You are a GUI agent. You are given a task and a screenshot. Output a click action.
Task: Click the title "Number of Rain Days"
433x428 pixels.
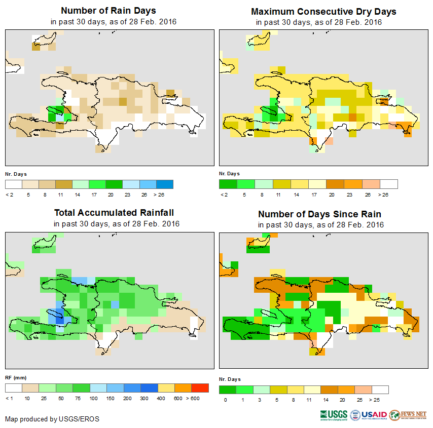tap(108, 11)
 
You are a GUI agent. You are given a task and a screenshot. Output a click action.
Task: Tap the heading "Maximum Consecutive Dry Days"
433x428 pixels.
tap(323, 11)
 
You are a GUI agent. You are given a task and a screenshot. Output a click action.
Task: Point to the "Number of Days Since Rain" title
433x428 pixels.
tap(319, 214)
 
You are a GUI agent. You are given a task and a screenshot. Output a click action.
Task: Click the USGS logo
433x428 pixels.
tap(334, 415)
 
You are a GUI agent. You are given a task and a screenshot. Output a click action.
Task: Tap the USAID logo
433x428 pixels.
tap(369, 415)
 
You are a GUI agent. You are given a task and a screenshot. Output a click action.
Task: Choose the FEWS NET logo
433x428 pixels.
tap(408, 415)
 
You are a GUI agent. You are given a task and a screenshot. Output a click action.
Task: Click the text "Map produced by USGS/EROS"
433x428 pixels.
tap(52, 419)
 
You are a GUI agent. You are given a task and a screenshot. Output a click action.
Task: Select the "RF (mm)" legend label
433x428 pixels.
tap(16, 377)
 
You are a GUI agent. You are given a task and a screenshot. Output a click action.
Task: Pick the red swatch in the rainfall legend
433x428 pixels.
tap(200, 388)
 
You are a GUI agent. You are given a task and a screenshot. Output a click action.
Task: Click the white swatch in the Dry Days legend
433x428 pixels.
tap(389, 184)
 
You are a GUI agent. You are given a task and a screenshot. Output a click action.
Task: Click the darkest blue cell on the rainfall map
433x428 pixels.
tap(60, 321)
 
